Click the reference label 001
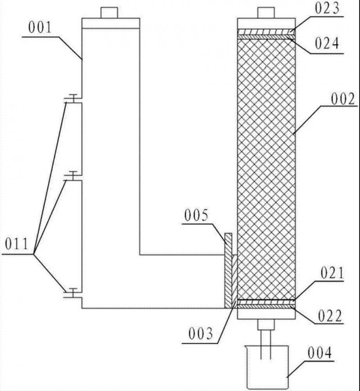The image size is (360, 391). coord(40,27)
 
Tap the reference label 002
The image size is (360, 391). coord(343,99)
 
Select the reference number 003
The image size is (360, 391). coord(201,334)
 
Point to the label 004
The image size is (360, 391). coord(320,353)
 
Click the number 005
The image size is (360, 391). coord(196,215)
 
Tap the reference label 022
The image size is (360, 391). coord(329,316)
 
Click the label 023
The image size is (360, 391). coord(327,8)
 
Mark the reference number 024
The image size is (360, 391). coord(327,43)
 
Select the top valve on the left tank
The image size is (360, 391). coord(73,99)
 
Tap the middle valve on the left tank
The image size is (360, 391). coord(73,176)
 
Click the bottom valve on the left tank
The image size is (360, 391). coord(73,293)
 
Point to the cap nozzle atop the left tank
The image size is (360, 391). coord(109,13)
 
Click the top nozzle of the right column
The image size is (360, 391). coord(266,13)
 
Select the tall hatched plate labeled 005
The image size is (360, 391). coord(228,270)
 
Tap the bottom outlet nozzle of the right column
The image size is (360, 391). coord(266,324)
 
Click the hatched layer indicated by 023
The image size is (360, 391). coord(266,32)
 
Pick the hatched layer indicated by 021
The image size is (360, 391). coord(266,302)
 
